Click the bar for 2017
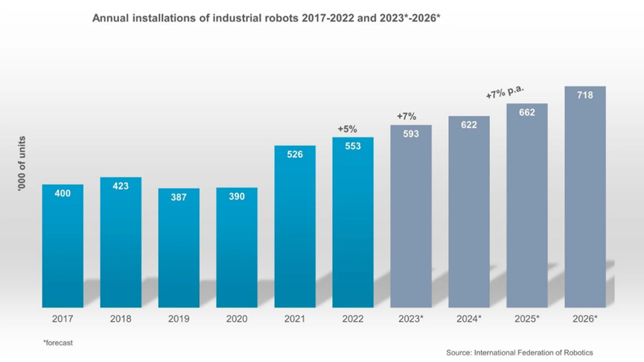click(63, 246)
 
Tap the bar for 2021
click(295, 226)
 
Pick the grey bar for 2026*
click(584, 197)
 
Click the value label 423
click(121, 186)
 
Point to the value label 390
click(237, 197)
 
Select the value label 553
click(353, 146)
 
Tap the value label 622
click(469, 125)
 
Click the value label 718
click(584, 95)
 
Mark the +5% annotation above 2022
click(348, 129)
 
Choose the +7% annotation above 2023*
click(407, 116)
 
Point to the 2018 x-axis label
click(121, 319)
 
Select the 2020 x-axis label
click(237, 319)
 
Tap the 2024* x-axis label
click(469, 319)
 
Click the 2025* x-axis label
click(527, 319)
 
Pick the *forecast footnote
click(58, 343)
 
